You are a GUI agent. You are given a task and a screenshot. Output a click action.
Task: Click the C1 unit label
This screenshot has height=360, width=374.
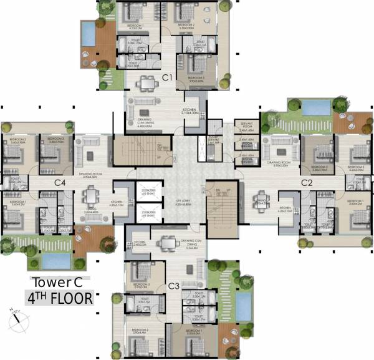click(166, 77)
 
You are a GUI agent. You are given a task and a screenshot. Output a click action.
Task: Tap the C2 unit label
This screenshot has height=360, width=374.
click(307, 183)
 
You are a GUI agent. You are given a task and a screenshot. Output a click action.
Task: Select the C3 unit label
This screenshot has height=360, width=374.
click(174, 286)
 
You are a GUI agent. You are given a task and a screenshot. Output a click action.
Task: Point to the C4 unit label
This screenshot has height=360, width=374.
click(60, 183)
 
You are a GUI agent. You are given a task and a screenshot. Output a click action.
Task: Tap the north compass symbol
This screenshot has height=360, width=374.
click(16, 318)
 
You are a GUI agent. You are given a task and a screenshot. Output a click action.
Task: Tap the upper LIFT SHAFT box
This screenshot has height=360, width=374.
click(148, 192)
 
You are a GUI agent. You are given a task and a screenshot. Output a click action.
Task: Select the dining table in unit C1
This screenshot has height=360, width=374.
click(146, 83)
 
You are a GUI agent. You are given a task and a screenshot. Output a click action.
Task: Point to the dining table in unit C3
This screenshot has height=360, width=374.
click(166, 242)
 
